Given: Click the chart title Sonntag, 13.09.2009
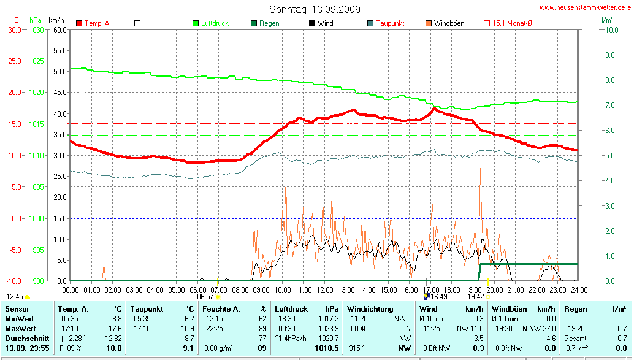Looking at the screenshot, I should pyautogui.click(x=315, y=9).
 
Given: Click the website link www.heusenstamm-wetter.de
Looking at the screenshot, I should pyautogui.click(x=586, y=8).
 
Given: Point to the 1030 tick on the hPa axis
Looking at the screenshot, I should pyautogui.click(x=36, y=29).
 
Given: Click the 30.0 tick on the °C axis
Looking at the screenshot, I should pyautogui.click(x=15, y=29).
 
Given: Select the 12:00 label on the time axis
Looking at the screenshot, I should pyautogui.click(x=324, y=289).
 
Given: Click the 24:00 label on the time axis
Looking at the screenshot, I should pyautogui.click(x=579, y=289).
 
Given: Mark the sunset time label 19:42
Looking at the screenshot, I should pyautogui.click(x=476, y=296).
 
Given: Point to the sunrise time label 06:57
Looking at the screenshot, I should pyautogui.click(x=205, y=296).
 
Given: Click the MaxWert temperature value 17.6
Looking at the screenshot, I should pyautogui.click(x=115, y=328).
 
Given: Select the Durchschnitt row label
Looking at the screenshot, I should pyautogui.click(x=23, y=338).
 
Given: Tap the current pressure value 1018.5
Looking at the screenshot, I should pyautogui.click(x=327, y=348).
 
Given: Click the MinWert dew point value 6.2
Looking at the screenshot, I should pyautogui.click(x=189, y=319).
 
